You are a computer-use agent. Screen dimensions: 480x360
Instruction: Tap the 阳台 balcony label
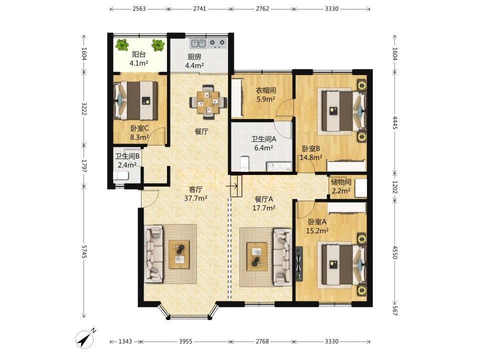138,54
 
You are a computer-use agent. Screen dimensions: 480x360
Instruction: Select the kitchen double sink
198,44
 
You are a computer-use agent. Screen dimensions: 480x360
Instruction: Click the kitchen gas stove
217,44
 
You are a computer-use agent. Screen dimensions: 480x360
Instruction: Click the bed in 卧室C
135,100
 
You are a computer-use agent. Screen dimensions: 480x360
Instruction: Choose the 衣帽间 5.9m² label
265,94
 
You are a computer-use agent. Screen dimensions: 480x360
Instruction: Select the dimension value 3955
185,341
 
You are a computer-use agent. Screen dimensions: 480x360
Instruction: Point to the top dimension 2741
199,8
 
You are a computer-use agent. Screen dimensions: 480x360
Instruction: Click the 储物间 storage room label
340,182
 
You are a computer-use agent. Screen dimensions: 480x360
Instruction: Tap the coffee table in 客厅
179,254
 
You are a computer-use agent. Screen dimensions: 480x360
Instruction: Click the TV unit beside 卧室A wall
299,264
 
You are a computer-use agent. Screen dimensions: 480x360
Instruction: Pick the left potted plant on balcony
122,45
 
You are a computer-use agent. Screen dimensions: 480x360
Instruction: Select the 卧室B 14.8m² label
310,153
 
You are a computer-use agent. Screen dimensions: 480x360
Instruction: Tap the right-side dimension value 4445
395,122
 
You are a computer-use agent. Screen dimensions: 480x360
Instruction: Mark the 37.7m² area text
195,198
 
